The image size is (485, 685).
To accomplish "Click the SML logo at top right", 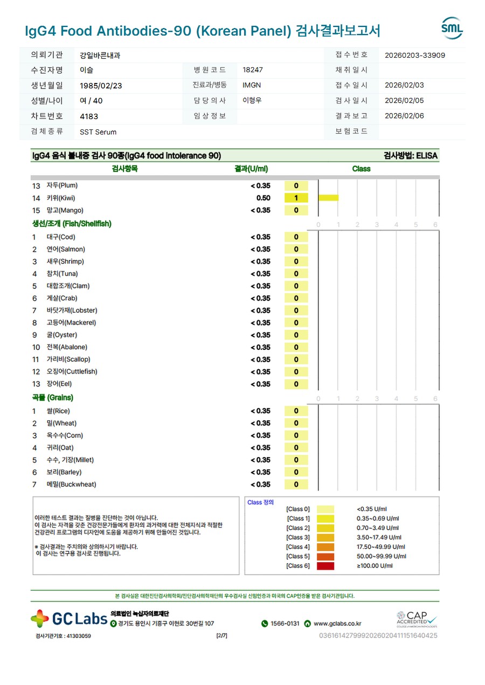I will tap(452, 28).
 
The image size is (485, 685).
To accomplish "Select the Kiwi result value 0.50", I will tap(263, 198).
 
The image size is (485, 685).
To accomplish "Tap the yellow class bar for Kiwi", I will tap(328, 198).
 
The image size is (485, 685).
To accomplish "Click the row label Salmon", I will tap(66, 249).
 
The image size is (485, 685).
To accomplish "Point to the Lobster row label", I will tap(72, 310).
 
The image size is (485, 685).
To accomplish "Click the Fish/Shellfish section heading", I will tap(72, 224).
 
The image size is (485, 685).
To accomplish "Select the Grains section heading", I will tap(52, 398).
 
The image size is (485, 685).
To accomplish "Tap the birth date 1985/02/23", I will tap(101, 85).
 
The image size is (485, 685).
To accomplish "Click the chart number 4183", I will tap(89, 116).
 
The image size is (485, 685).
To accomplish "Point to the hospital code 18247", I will tap(253, 70).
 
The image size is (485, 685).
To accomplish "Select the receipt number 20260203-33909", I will tap(415, 55).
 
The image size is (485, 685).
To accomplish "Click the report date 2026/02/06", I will tap(404, 116).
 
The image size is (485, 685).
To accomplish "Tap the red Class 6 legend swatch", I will tap(325, 566).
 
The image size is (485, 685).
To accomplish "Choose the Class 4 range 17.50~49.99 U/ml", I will tap(381, 546).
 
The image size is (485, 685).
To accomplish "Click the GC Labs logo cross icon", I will tap(40, 619).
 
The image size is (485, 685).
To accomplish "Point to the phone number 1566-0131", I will tap(285, 624).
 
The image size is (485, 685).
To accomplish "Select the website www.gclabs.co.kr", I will tap(337, 624).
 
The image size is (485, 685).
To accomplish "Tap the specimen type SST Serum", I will tap(98, 132).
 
